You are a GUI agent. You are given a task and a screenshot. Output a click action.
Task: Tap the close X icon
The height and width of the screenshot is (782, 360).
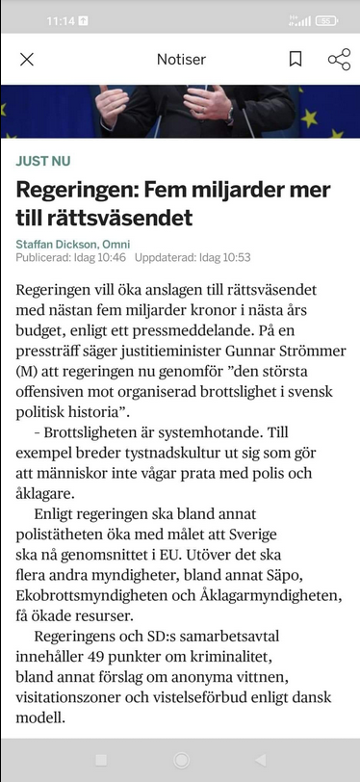(x=27, y=60)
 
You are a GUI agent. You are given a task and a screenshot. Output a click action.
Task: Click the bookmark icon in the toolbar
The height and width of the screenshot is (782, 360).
(x=296, y=60)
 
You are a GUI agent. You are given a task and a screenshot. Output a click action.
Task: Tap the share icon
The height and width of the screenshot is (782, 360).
(x=339, y=60)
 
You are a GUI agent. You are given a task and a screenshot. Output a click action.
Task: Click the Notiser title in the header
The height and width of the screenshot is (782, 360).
(x=181, y=60)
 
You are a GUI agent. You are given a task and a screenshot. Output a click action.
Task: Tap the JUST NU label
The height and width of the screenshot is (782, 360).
(x=43, y=161)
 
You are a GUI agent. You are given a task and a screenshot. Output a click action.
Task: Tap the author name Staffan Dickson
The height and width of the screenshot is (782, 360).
(x=58, y=245)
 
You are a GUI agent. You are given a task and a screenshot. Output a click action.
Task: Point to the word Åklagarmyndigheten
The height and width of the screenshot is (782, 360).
(x=272, y=595)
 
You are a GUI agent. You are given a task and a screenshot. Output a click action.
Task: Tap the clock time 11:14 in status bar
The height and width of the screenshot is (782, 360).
(x=61, y=20)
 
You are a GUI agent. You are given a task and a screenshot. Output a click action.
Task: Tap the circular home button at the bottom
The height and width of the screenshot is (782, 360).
(x=180, y=760)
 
